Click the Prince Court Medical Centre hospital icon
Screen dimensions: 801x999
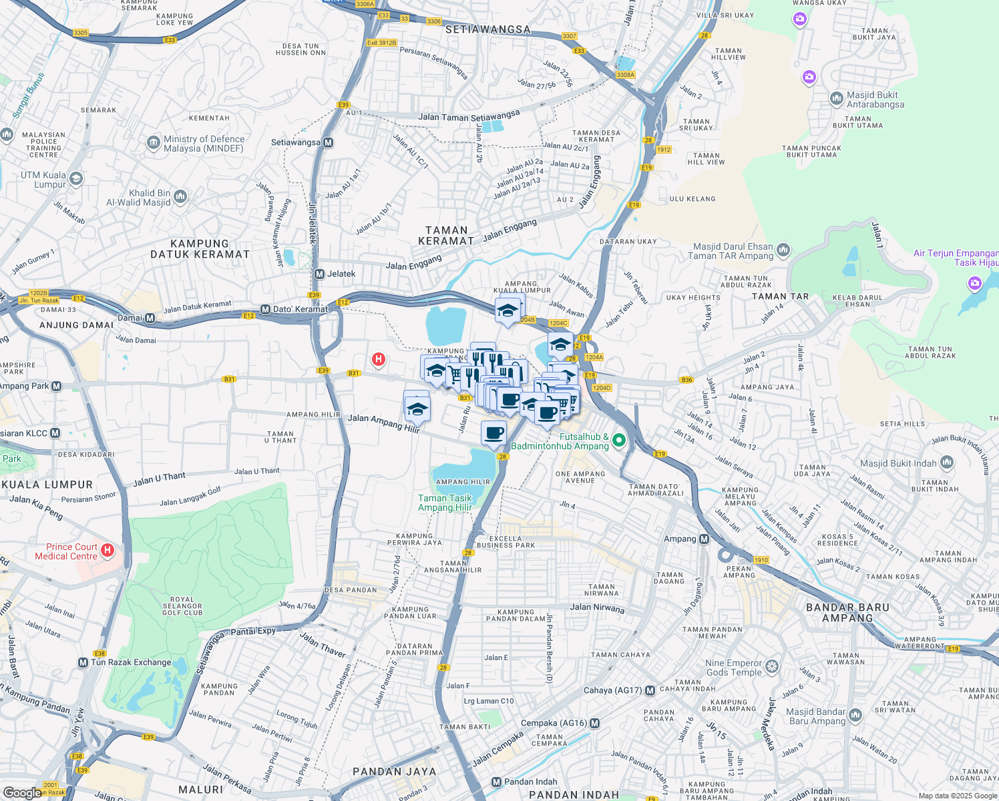coord(108,551)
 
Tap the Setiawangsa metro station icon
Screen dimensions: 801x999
coord(328,142)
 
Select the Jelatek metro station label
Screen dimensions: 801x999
coord(341,274)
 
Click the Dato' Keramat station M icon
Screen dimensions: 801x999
coord(265,309)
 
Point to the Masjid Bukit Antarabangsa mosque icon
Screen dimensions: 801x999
coord(836,99)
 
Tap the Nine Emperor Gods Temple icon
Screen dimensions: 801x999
coord(772,666)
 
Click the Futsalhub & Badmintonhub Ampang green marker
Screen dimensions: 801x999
coord(618,440)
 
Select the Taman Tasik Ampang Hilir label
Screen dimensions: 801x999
coord(445,503)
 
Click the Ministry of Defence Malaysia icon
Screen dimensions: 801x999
coord(153,143)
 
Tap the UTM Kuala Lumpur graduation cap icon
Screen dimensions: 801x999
coord(75,178)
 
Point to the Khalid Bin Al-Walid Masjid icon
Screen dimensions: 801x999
coord(180,196)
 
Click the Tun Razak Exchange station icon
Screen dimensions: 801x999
coord(83,662)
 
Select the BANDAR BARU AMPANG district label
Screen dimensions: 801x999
coord(847,613)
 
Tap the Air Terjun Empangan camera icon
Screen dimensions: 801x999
coord(974,284)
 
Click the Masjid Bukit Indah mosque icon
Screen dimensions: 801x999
coord(946,462)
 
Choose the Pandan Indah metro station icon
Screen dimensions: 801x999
coord(496,782)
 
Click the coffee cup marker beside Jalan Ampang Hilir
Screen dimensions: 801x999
coord(493,433)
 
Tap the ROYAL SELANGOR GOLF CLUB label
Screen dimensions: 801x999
coord(182,606)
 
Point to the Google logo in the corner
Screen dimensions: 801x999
coord(22,792)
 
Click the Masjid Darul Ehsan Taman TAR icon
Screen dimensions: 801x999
coord(783,250)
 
